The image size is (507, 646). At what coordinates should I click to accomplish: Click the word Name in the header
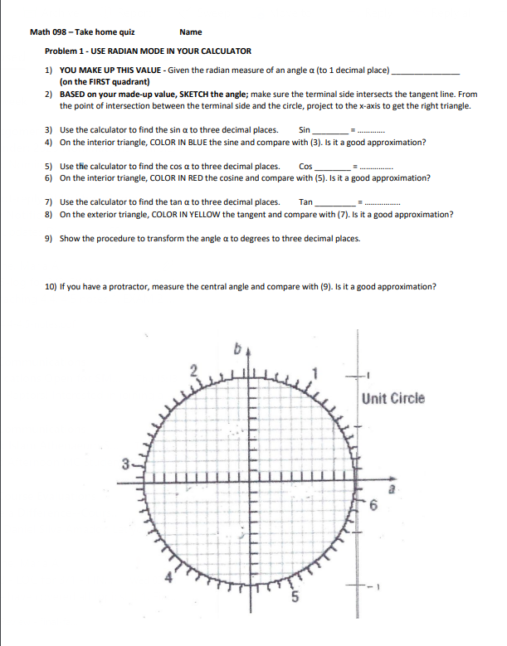[x=190, y=32]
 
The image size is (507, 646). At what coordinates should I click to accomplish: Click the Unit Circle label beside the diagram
[x=393, y=398]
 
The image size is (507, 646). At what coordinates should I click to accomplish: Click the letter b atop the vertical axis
[x=236, y=352]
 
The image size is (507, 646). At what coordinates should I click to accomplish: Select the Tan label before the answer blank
[x=305, y=202]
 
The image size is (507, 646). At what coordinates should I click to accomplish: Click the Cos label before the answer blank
[x=305, y=166]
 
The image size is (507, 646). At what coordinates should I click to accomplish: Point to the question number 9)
[x=49, y=238]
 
